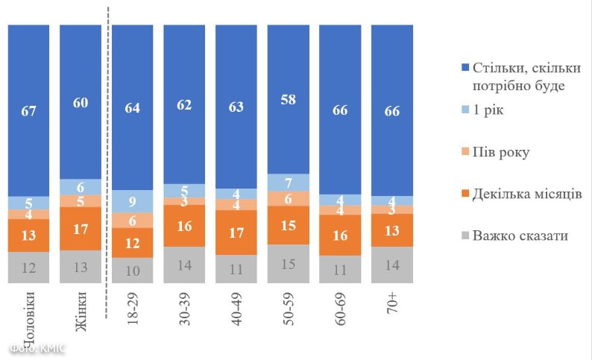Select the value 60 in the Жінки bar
[x=81, y=103]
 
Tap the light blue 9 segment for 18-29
[x=133, y=200]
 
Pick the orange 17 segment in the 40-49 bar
[x=236, y=233]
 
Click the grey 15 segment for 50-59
[x=288, y=264]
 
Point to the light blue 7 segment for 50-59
[x=288, y=183]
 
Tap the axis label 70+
[x=392, y=306]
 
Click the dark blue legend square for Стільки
[x=466, y=69]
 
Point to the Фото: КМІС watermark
[x=37, y=348]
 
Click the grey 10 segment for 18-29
[x=133, y=271]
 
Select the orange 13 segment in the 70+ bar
[x=392, y=230]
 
